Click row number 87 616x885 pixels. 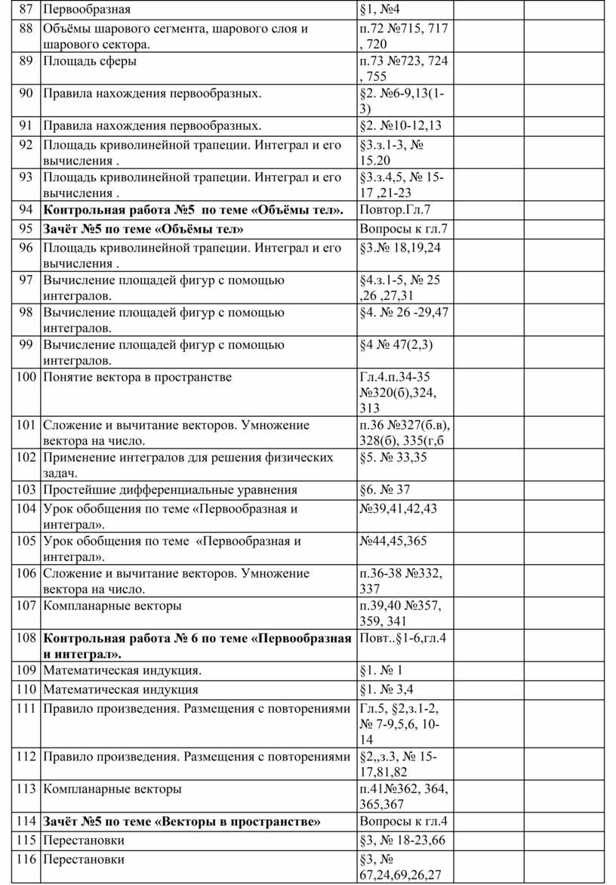point(26,10)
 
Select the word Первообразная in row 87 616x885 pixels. point(86,10)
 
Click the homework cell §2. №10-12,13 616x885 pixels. point(401,126)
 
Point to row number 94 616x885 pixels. point(26,209)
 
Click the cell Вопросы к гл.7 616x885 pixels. point(404,228)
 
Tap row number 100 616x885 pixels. point(26,377)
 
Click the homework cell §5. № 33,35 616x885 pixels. point(393,457)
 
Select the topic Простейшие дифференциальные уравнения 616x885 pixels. point(170,489)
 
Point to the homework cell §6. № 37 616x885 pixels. point(385,489)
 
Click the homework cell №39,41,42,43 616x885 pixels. point(399,508)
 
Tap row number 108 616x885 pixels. point(26,638)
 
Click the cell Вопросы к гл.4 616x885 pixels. point(404,822)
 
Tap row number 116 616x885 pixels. point(26,859)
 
